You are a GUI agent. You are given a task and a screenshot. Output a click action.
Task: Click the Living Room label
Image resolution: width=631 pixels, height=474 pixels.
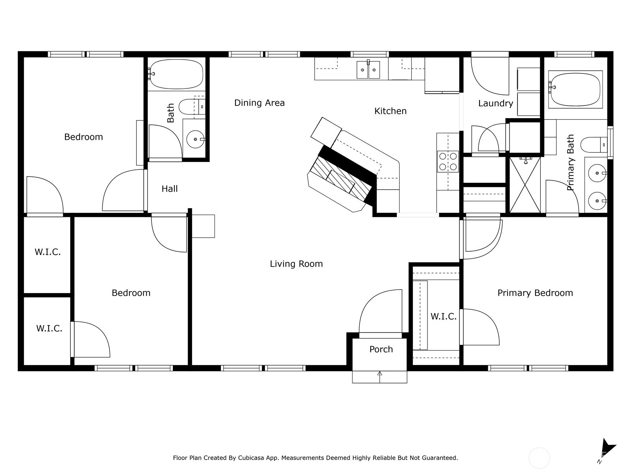296,264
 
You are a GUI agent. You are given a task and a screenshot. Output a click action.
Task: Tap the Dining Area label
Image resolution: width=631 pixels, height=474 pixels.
259,103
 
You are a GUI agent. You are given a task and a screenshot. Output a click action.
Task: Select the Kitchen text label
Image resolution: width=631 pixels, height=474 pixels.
390,111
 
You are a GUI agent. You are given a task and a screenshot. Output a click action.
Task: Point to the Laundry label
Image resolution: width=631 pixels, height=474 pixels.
495,103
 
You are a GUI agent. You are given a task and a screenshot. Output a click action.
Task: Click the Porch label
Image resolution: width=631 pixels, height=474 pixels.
381,349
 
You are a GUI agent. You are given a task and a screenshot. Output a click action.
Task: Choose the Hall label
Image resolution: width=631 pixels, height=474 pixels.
170,189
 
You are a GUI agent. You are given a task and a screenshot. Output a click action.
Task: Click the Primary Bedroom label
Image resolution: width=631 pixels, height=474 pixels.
535,293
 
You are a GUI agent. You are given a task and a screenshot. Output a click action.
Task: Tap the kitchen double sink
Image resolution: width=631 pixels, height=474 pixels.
368,70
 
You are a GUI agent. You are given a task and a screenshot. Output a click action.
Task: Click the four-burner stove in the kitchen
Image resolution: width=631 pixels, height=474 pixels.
448,162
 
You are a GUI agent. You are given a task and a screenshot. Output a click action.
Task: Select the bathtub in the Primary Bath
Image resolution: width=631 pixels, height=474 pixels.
575,89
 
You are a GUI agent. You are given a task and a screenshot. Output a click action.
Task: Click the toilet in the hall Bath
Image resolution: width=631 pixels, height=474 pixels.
191,107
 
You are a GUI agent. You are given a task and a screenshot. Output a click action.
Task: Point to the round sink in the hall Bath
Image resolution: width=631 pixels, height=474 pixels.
195,139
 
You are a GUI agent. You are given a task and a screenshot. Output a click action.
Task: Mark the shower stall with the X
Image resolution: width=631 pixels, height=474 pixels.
525,185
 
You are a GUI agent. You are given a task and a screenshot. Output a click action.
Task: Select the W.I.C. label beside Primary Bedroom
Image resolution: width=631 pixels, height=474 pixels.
443,316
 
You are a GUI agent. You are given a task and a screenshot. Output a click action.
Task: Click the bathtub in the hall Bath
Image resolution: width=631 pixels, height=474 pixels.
176,74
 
